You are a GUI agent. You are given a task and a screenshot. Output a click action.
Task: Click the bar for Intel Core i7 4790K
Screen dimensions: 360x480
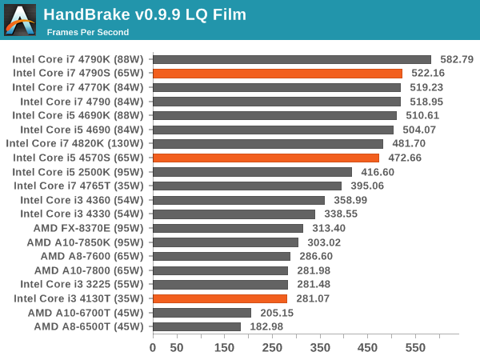pyautogui.click(x=291, y=59)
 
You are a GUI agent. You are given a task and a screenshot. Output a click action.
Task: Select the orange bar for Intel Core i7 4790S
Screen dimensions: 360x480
pyautogui.click(x=277, y=73)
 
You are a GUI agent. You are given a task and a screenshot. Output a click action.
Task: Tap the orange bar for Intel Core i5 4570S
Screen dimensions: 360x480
pyautogui.click(x=266, y=158)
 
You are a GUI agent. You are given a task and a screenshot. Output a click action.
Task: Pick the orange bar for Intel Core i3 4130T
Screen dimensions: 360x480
pyautogui.click(x=219, y=298)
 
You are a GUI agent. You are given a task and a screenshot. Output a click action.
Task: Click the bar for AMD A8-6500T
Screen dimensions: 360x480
pyautogui.click(x=196, y=326)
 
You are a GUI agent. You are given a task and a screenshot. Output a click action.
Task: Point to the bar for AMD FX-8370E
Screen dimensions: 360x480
pyautogui.click(x=227, y=228)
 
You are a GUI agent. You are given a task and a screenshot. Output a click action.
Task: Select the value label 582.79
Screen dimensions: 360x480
pyautogui.click(x=457, y=59)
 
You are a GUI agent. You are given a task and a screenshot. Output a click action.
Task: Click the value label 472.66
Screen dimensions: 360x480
pyautogui.click(x=406, y=158)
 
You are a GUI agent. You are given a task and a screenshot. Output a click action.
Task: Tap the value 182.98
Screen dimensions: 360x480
pyautogui.click(x=266, y=326)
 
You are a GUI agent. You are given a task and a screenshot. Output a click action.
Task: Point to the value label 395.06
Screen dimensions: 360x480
pyautogui.click(x=367, y=186)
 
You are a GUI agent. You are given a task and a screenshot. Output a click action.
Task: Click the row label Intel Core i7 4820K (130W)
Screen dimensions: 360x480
pyautogui.click(x=74, y=143)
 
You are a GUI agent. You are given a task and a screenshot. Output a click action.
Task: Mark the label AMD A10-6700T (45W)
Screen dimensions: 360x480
pyautogui.click(x=85, y=312)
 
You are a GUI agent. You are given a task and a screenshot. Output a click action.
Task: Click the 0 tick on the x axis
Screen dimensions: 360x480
pyautogui.click(x=153, y=348)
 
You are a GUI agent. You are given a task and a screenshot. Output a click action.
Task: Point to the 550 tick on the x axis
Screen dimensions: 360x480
pyautogui.click(x=415, y=348)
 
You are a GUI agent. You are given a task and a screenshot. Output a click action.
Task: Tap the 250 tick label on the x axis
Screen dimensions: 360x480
pyautogui.click(x=272, y=348)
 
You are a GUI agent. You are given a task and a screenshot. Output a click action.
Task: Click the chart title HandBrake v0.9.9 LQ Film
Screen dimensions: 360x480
pyautogui.click(x=145, y=14)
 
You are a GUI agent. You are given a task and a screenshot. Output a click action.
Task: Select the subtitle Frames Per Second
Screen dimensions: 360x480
pyautogui.click(x=87, y=32)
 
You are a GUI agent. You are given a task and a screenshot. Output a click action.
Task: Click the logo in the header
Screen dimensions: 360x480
pyautogui.click(x=20, y=20)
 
